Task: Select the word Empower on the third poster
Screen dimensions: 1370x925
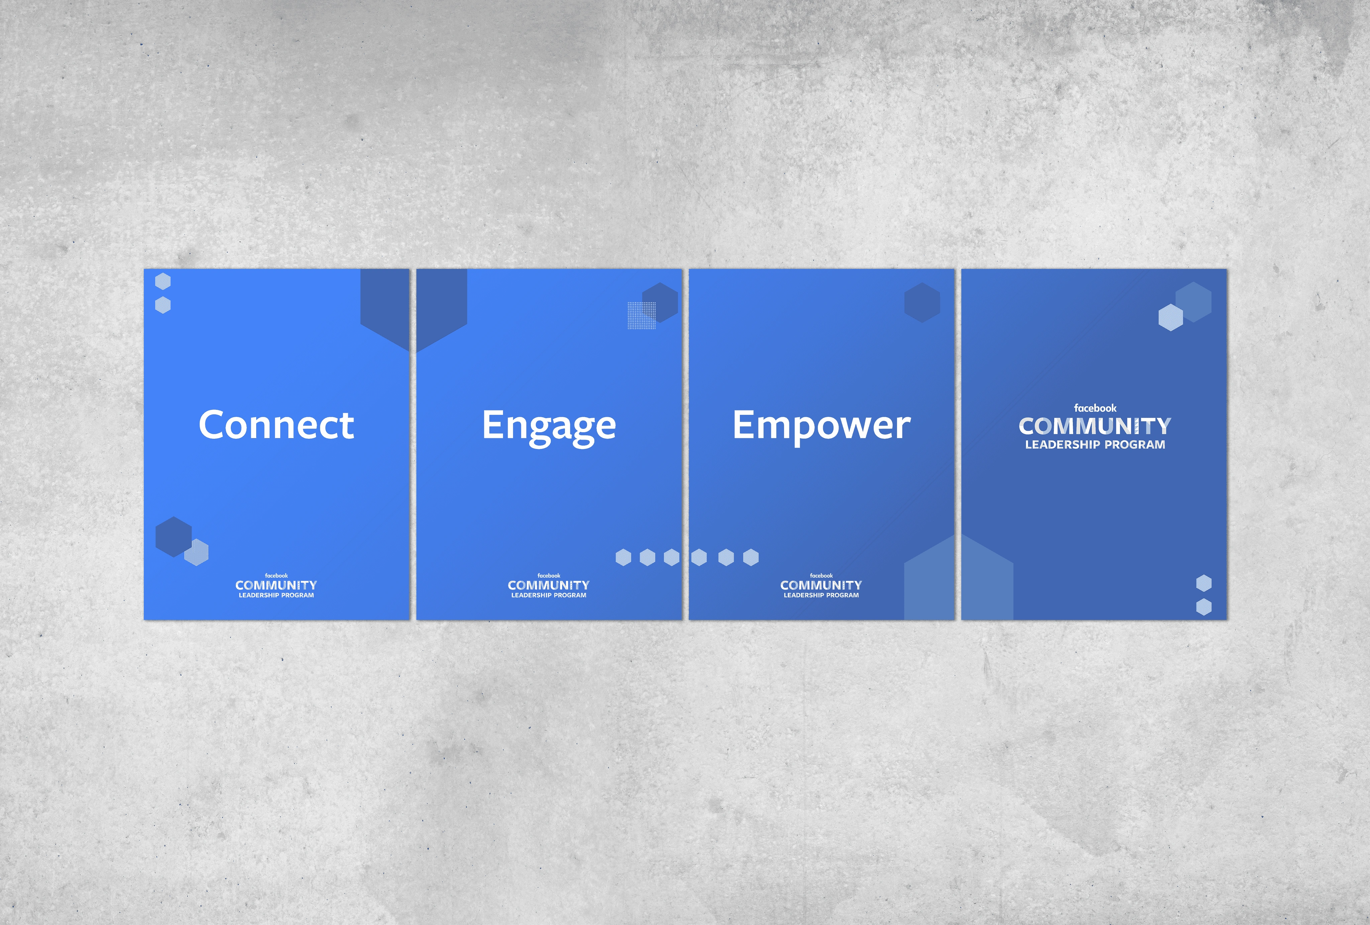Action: [821, 426]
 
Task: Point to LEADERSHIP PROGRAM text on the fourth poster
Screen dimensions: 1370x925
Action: [1095, 445]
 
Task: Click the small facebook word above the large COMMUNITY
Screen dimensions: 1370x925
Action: [1095, 408]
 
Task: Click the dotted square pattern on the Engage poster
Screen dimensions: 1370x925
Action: [642, 315]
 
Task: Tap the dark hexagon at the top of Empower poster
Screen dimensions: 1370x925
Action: [922, 302]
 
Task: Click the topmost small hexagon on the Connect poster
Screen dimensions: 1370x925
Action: [163, 281]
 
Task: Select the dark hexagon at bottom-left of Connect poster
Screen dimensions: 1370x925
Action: [173, 537]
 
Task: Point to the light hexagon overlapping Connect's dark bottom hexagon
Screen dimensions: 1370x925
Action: [196, 552]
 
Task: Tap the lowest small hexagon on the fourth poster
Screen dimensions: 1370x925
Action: [1204, 607]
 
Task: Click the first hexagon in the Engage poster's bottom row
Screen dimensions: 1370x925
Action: [623, 557]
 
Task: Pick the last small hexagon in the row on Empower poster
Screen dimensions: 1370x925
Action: [751, 557]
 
